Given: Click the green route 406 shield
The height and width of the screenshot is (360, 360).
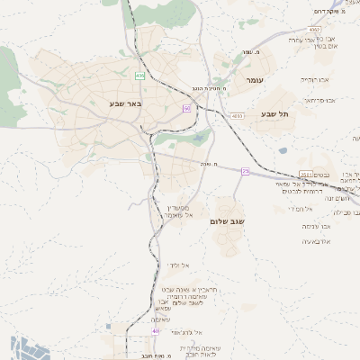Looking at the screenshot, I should pyautogui.click(x=140, y=76).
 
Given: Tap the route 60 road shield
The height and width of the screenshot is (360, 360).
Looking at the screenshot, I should pyautogui.click(x=186, y=109).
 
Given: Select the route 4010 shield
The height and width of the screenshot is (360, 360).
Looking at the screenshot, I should pyautogui.click(x=237, y=116).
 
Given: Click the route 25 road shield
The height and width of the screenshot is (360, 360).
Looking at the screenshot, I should pyautogui.click(x=245, y=171).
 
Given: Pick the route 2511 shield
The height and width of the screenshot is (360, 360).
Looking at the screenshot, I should pyautogui.click(x=307, y=175).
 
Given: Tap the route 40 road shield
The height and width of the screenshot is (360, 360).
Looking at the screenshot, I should pyautogui.click(x=155, y=331).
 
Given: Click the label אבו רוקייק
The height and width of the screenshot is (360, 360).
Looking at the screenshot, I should pyautogui.click(x=316, y=79).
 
